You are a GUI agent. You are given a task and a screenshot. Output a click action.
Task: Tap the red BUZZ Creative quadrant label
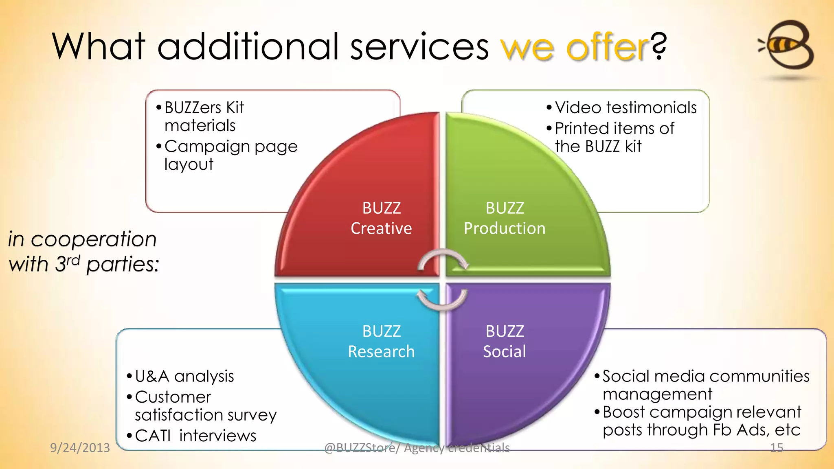pyautogui.click(x=381, y=218)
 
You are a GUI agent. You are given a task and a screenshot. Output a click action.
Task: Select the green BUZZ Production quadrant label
pyautogui.click(x=505, y=218)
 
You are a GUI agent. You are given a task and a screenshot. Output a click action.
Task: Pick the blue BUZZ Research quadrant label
pyautogui.click(x=381, y=341)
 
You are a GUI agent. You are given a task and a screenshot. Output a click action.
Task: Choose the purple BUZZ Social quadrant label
pyautogui.click(x=505, y=341)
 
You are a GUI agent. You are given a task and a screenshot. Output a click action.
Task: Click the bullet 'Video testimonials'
pyautogui.click(x=625, y=108)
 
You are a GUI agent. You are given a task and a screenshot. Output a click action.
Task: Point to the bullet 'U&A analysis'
pyautogui.click(x=184, y=376)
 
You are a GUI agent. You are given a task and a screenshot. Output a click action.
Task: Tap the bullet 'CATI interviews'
pyautogui.click(x=195, y=436)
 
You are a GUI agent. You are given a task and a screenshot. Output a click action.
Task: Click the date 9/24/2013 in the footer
pyautogui.click(x=80, y=448)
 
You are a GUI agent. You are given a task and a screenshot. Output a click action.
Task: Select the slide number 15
pyautogui.click(x=777, y=448)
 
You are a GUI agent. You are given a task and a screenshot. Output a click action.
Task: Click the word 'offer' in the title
pyautogui.click(x=607, y=47)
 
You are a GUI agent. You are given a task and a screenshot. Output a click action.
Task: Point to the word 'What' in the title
pyautogui.click(x=99, y=46)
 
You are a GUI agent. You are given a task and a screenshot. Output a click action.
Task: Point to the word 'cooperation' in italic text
pyautogui.click(x=94, y=239)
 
